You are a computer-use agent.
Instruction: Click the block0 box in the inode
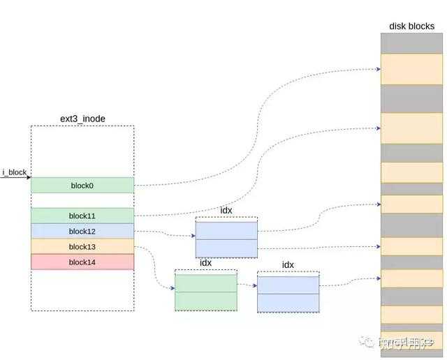point(82,185)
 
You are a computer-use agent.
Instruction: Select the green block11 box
point(82,216)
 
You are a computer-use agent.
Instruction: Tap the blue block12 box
point(82,231)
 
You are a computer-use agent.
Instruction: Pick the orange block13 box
point(82,246)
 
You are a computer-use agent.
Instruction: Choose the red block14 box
point(82,262)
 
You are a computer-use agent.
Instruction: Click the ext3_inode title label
point(82,119)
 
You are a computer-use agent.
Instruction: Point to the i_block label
point(14,171)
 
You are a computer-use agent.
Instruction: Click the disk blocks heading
point(412,27)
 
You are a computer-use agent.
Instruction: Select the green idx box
point(205,292)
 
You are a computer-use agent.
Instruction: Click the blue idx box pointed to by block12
point(226,239)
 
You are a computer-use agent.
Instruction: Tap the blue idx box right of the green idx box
point(288,293)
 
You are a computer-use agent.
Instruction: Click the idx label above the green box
point(205,263)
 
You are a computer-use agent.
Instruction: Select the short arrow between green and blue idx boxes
point(247,284)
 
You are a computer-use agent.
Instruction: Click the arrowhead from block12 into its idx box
point(192,235)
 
